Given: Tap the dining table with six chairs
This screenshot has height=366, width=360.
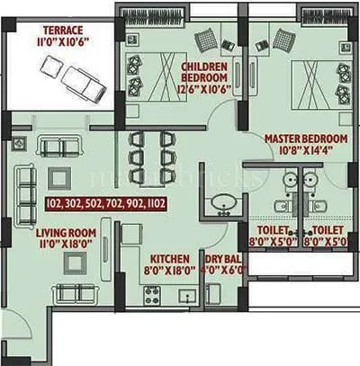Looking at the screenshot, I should (149, 156).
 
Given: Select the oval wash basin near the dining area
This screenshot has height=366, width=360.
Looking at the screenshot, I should (218, 208).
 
